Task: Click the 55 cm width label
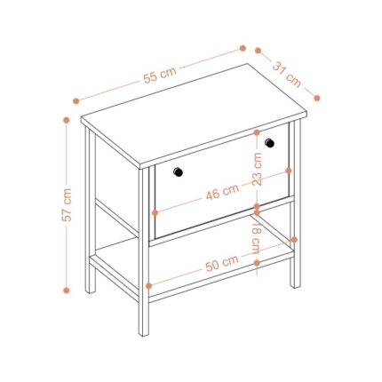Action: pos(160,76)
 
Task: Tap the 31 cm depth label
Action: pos(287,75)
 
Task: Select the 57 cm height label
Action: pos(67,204)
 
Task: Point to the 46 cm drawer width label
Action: pos(222,192)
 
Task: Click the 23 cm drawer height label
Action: pos(258,169)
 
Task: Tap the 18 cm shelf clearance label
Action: pos(257,238)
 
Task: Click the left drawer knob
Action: pos(178,172)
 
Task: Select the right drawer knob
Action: pos(269,143)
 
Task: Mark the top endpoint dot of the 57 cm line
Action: pos(67,120)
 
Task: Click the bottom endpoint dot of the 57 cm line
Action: pos(67,290)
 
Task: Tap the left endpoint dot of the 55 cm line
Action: pos(76,101)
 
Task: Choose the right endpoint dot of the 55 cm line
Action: pos(243,48)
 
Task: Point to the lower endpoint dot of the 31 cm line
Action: pos(317,98)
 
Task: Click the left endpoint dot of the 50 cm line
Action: pos(149,286)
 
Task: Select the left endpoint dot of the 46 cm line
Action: pos(155,213)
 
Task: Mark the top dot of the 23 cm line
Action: pos(257,132)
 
